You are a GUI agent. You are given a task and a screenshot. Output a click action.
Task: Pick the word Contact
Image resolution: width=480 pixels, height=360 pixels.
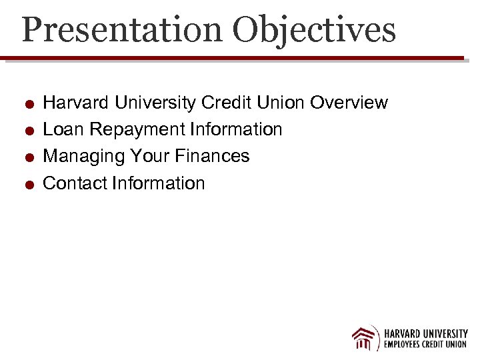[x=75, y=183]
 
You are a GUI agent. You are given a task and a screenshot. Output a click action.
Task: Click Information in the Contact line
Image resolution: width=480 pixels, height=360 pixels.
[x=159, y=183]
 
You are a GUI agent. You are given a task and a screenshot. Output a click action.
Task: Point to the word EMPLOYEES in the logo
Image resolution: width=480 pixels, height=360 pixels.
[x=407, y=345]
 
